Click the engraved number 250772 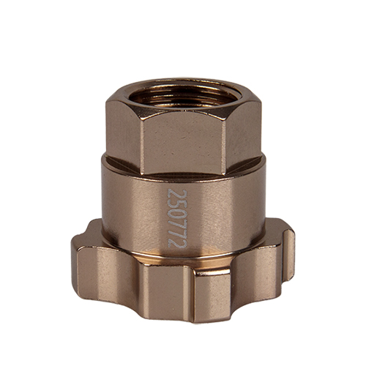177,218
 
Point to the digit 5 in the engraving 177,203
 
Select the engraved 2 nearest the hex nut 177,193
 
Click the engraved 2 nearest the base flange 177,244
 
